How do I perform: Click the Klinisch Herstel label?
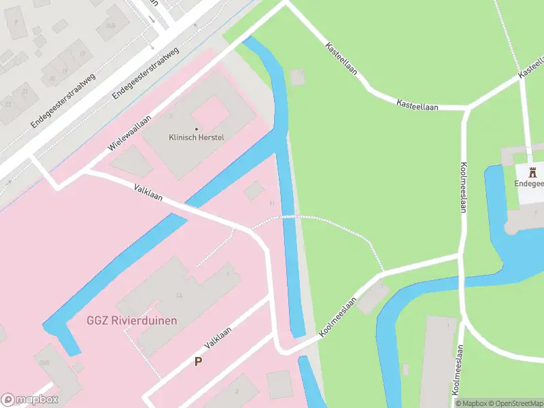click(197, 137)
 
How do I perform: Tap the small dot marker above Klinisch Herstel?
click(197, 129)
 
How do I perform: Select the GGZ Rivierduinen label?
click(131, 320)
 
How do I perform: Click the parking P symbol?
click(199, 361)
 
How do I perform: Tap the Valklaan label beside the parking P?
click(218, 337)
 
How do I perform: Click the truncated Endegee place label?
click(529, 184)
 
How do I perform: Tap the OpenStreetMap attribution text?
click(516, 403)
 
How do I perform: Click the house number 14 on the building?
click(180, 295)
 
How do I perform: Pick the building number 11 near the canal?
click(272, 203)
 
